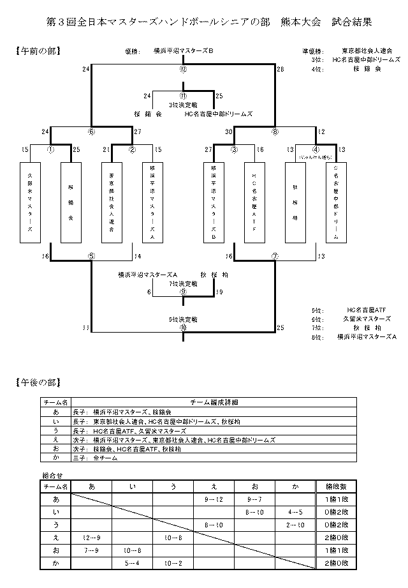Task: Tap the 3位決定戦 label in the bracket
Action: tap(183, 104)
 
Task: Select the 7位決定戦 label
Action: tap(183, 283)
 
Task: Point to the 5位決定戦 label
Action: tap(183, 319)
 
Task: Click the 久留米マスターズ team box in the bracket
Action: tap(30, 202)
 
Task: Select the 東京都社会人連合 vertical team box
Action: tap(112, 202)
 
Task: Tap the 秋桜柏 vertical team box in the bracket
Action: tap(295, 202)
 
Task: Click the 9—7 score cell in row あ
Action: tap(254, 499)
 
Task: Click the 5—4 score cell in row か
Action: tap(132, 562)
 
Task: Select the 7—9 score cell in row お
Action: tap(91, 550)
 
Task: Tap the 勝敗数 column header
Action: tap(334, 486)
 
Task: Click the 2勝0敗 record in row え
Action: tap(334, 537)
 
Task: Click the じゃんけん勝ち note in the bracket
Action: tap(316, 156)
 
